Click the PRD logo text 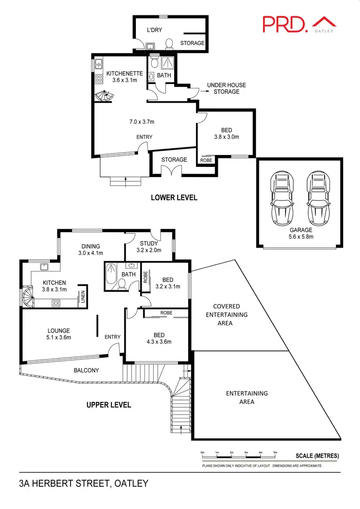click(284, 24)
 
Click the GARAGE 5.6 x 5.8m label click(300, 233)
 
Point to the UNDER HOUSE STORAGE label click(226, 88)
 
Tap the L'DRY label click(154, 30)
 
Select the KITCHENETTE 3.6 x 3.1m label click(124, 77)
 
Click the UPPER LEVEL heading click(108, 405)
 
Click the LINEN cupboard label click(83, 298)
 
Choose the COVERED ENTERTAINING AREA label click(227, 315)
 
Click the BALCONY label click(86, 370)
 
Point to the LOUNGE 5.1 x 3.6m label click(59, 334)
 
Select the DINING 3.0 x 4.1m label click(90, 249)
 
